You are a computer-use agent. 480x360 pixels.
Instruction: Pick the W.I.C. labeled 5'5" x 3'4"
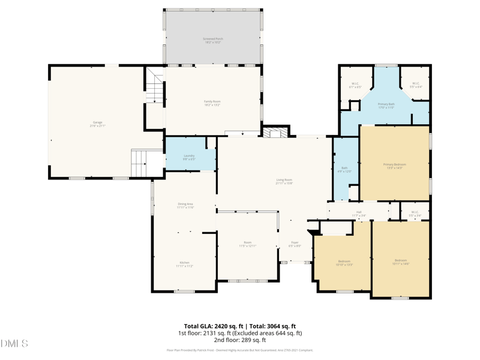(415, 213)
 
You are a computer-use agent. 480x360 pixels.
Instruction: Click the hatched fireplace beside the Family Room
(275, 132)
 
